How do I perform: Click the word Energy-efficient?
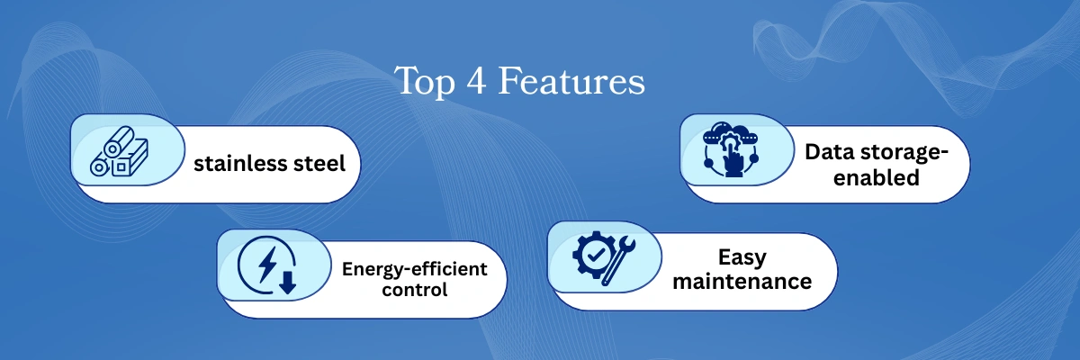tap(414, 269)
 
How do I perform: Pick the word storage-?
tap(900, 154)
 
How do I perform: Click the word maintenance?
tap(742, 281)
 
